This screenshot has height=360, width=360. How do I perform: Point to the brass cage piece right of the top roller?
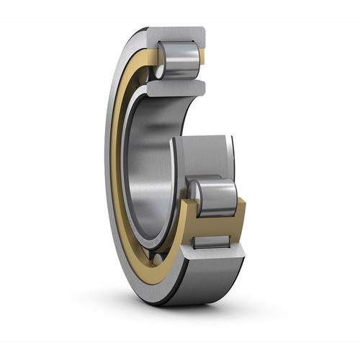pos(203,58)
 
